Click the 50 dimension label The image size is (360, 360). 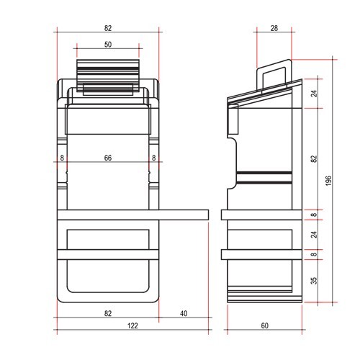coord(107,45)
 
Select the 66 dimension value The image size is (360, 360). coord(107,158)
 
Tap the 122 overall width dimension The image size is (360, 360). coord(132,326)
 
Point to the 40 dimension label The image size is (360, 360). coord(183,314)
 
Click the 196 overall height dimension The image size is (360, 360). coord(328,181)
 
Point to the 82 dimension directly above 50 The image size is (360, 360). coord(107,28)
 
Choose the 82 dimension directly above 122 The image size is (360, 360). coord(107,314)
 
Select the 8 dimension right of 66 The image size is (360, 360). coord(153,158)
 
